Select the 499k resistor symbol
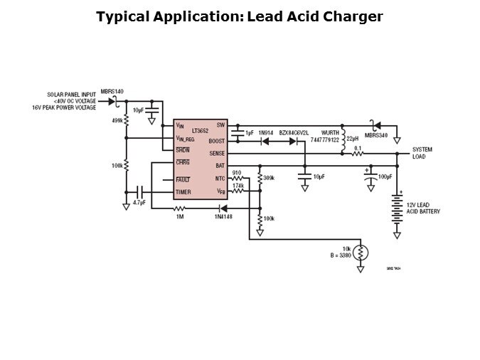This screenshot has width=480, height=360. coord(126,120)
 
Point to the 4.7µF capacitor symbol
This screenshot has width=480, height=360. coord(139,192)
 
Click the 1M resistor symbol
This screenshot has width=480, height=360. coord(180,208)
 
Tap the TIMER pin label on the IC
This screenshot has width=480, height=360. coord(183,192)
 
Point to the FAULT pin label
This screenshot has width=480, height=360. coord(183,179)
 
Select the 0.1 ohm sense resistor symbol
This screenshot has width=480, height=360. coord(358,154)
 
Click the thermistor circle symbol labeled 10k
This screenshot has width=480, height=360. coord(361,253)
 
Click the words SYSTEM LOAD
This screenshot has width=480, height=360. coord(422,153)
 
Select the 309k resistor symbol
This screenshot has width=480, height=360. coord(260,178)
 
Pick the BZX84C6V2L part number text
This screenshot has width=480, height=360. coord(293,133)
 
